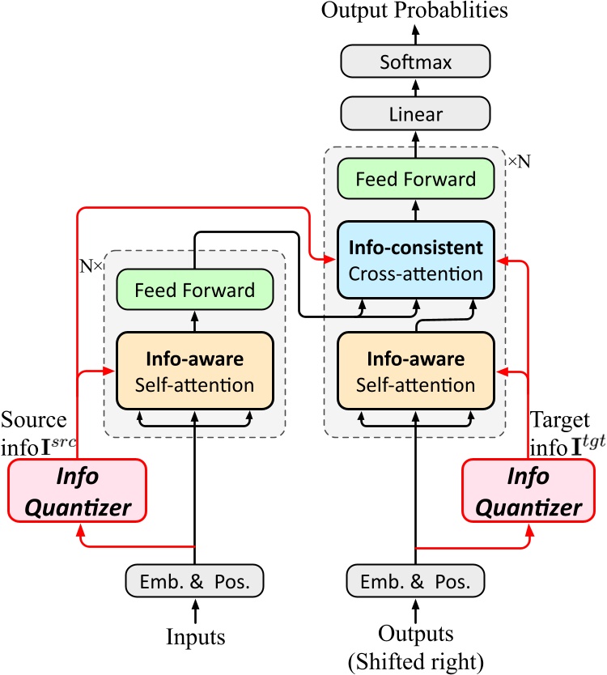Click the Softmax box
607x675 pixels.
(416, 62)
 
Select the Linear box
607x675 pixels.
(416, 114)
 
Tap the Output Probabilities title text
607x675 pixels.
(415, 11)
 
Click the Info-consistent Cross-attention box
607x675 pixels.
(415, 260)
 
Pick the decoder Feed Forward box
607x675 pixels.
(416, 179)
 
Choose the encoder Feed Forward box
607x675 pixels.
(194, 289)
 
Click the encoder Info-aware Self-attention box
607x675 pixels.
(194, 370)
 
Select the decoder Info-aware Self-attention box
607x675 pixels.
(415, 370)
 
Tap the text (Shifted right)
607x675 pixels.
(415, 660)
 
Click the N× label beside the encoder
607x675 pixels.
(89, 265)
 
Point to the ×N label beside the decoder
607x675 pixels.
(518, 161)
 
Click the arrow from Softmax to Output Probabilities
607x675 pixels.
(416, 34)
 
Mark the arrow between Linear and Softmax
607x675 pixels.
(416, 87)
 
